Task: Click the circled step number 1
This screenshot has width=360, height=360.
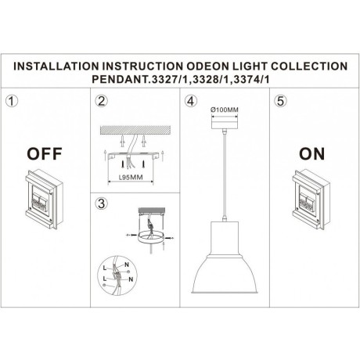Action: point(13,102)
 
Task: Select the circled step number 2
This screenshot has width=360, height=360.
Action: point(100,102)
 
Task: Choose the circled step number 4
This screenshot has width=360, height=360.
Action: point(190,102)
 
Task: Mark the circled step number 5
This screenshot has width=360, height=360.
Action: point(279,102)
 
